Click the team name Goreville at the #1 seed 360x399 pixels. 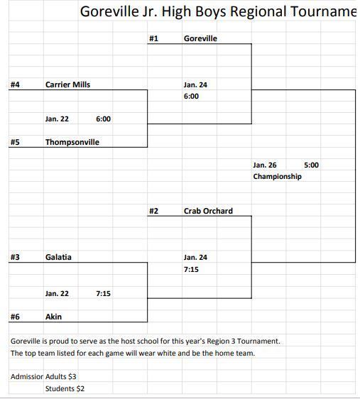point(200,38)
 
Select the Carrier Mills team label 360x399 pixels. point(67,84)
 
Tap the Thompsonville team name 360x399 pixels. point(72,142)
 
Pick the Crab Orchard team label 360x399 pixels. point(208,211)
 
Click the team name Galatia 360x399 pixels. point(58,257)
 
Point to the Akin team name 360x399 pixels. point(53,317)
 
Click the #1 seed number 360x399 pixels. point(153,38)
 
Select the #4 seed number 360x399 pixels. point(15,84)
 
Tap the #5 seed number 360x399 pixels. point(15,142)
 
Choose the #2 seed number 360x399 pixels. point(153,211)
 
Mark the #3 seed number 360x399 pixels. point(15,257)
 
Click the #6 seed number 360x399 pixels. point(15,317)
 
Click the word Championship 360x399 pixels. point(278,176)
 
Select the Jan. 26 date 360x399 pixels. point(265,165)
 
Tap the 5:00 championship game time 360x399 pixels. point(312,165)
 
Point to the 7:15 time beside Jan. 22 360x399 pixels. point(103,293)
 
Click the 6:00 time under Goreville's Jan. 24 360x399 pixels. point(191,96)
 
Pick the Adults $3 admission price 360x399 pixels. point(61,376)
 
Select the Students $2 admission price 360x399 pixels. point(65,388)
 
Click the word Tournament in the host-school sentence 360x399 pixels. point(258,341)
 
